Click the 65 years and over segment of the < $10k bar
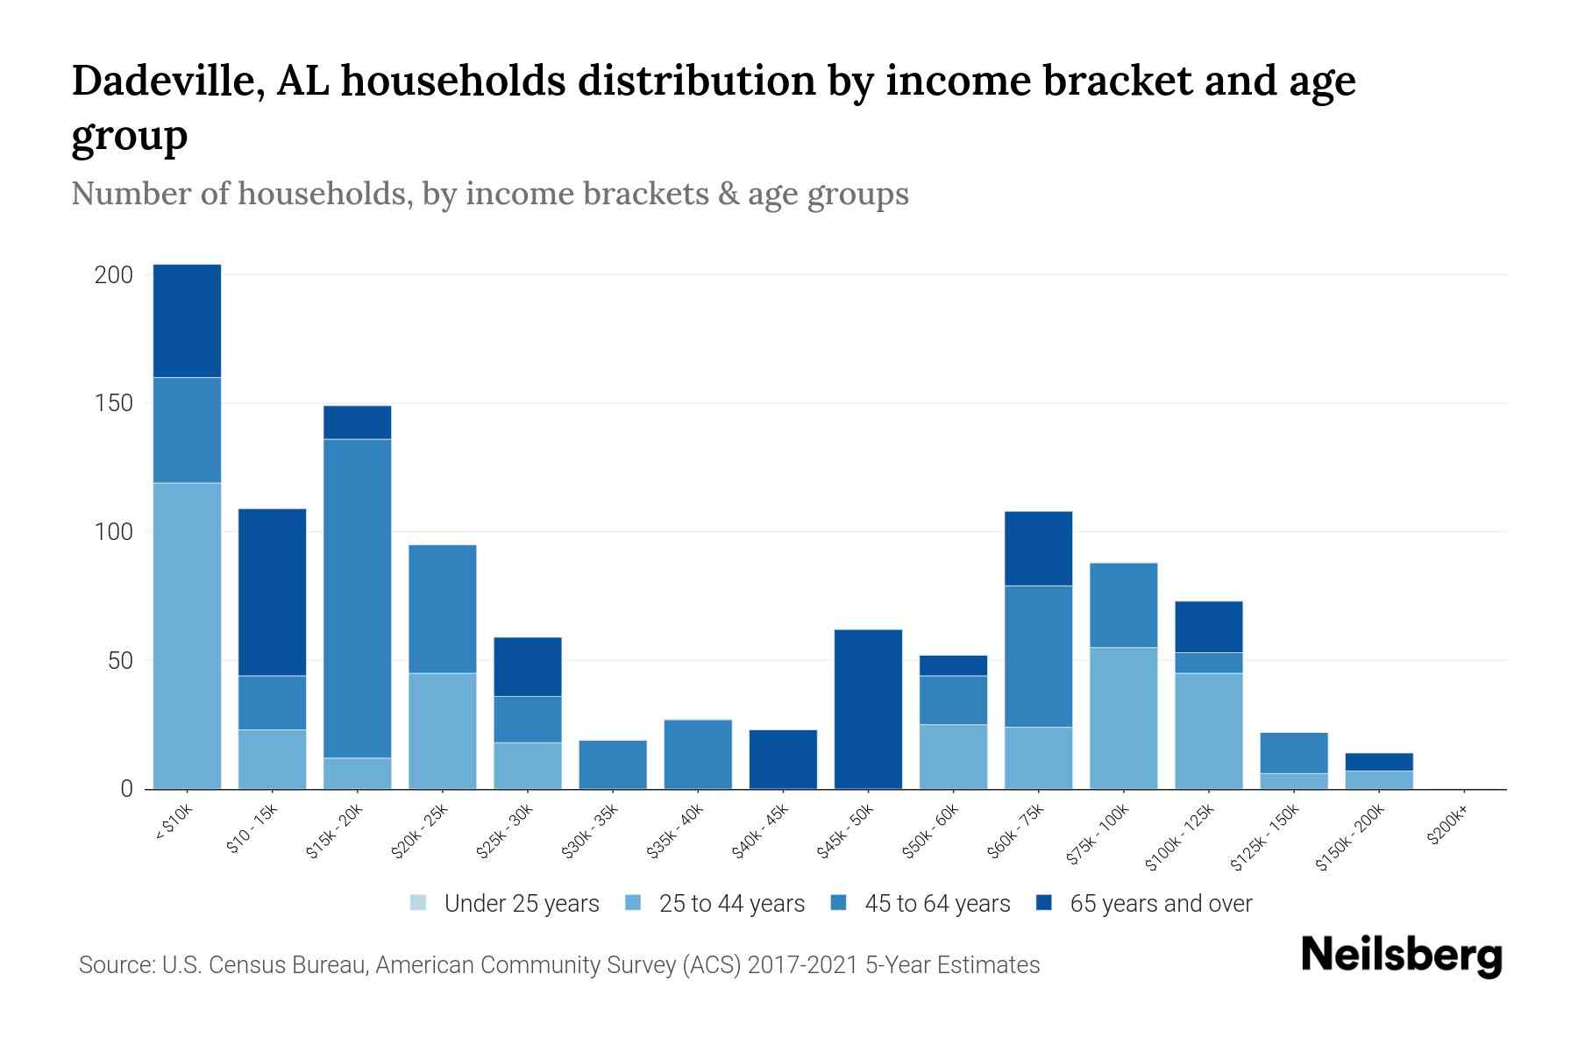click(187, 321)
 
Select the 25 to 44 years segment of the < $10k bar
click(187, 636)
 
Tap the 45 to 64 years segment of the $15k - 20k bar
click(358, 598)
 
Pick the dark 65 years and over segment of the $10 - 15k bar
click(272, 592)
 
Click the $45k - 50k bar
click(868, 709)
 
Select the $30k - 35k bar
click(613, 764)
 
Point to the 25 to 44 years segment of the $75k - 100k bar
click(1123, 718)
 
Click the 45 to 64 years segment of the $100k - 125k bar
click(1208, 663)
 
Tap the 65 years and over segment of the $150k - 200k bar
click(1378, 762)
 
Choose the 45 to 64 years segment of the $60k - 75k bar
click(1038, 656)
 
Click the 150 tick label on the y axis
click(114, 403)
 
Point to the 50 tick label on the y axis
click(120, 660)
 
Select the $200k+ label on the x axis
click(1448, 828)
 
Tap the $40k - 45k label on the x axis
click(762, 833)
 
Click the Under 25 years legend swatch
click(419, 903)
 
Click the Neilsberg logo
click(1401, 956)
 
